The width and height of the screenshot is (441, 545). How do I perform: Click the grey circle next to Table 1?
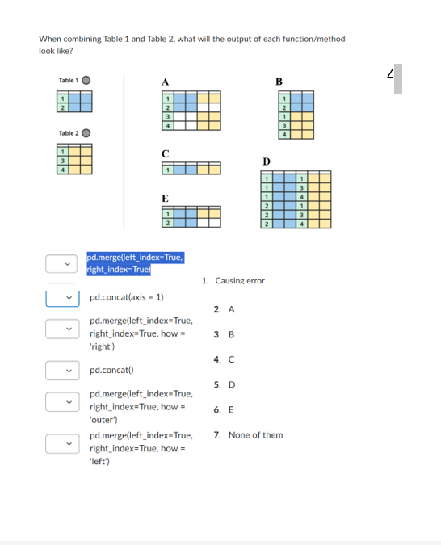[86, 80]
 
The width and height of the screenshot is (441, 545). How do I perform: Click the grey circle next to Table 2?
[86, 132]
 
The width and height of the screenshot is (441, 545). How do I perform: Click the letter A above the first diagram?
[166, 81]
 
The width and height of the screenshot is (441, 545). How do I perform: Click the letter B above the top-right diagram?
[279, 81]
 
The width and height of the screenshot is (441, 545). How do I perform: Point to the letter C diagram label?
[166, 153]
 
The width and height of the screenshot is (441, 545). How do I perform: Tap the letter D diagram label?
[267, 161]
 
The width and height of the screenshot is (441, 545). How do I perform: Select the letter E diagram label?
[166, 197]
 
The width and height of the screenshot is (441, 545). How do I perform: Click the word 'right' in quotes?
[102, 346]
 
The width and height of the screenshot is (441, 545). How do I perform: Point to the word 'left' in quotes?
[100, 461]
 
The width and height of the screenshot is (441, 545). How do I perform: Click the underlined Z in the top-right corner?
[389, 73]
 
